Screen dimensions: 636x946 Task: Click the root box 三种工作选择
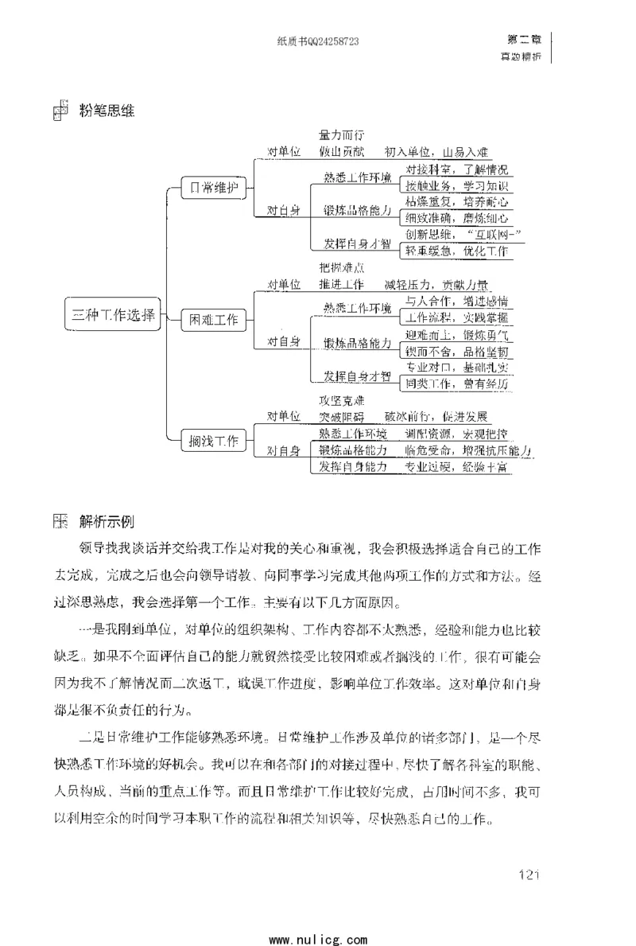point(111,313)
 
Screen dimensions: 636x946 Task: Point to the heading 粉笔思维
point(107,111)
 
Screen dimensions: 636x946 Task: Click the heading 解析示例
point(107,523)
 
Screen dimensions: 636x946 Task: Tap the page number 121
point(529,875)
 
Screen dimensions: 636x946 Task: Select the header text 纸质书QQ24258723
point(316,41)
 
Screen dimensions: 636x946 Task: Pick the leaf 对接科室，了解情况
point(456,169)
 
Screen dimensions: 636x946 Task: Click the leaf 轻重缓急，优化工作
point(456,251)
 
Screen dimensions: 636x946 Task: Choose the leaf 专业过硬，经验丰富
point(456,467)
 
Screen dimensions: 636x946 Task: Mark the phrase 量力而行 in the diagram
point(342,135)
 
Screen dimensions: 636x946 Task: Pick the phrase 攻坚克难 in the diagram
point(342,400)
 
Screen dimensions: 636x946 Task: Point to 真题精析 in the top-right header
point(521,56)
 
